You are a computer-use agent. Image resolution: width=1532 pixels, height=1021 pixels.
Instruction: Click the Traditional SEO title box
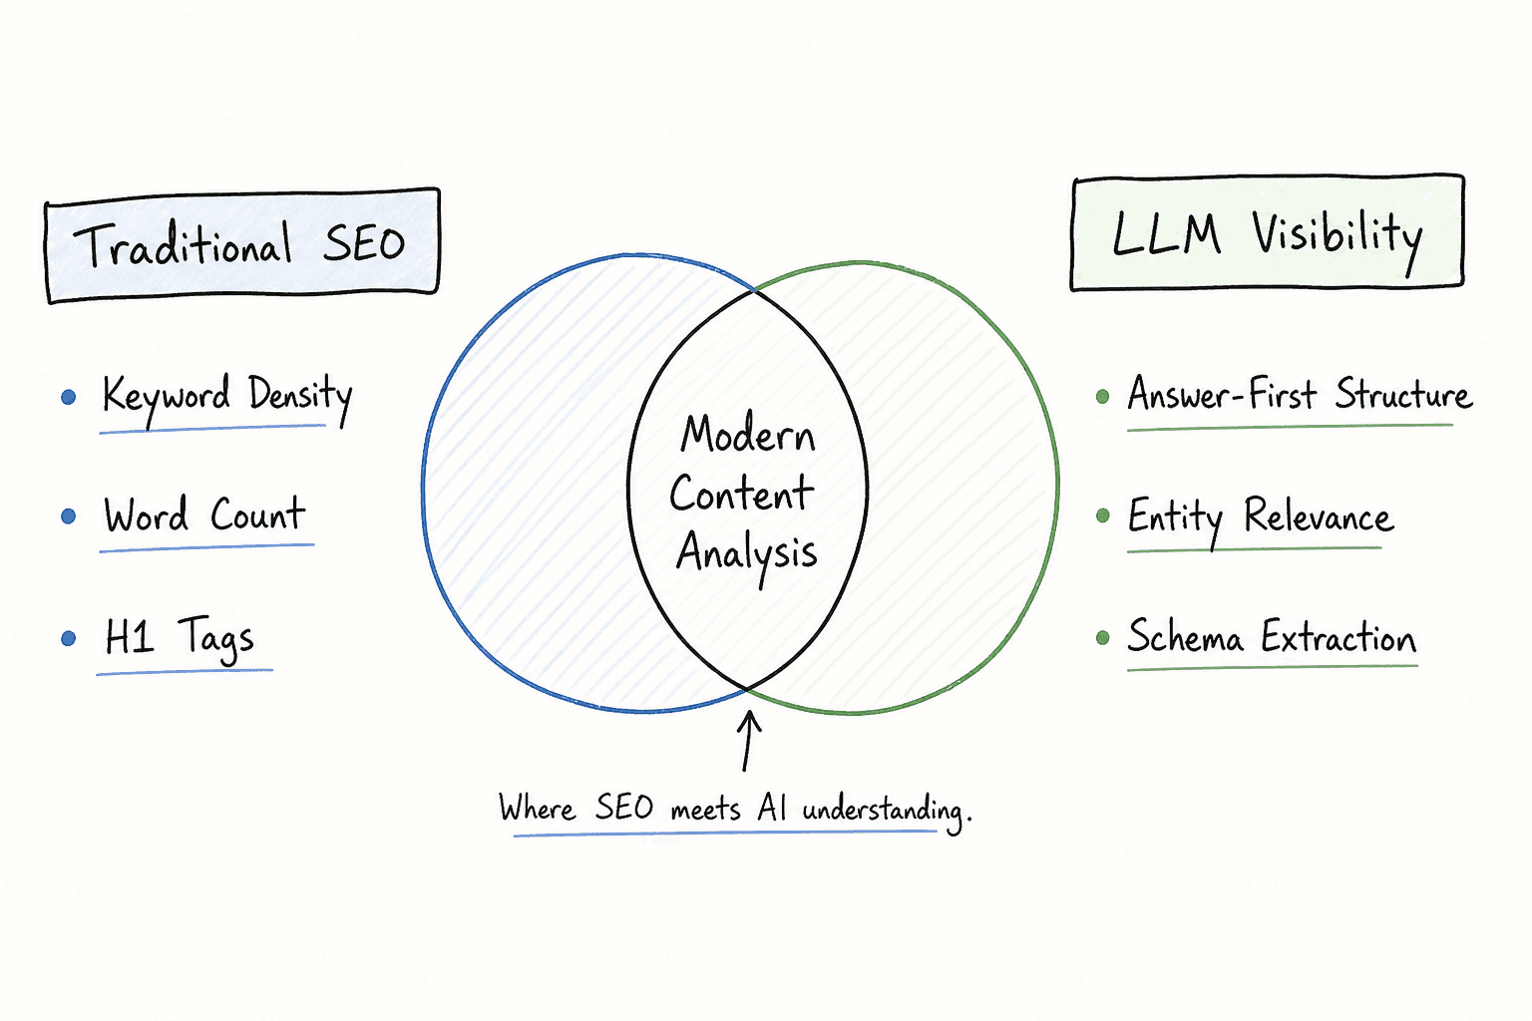tap(242, 245)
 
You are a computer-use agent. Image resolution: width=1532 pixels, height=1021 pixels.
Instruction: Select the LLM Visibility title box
tap(1268, 232)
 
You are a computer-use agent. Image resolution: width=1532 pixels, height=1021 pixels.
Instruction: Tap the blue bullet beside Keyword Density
tap(69, 397)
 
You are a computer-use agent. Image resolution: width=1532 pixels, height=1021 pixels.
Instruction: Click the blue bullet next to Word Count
tap(69, 516)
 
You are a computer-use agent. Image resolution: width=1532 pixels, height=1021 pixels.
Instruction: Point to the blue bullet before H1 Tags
tap(69, 639)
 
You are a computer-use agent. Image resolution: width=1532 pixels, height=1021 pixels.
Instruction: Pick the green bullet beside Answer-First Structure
tap(1102, 397)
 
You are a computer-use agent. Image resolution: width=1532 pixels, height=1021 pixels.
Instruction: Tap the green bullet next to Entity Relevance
tap(1102, 515)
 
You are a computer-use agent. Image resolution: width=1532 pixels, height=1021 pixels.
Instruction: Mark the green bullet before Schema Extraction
tap(1102, 638)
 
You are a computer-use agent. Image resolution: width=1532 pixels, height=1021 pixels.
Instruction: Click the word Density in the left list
tap(300, 398)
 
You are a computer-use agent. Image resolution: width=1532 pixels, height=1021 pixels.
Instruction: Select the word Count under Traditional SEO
tap(258, 513)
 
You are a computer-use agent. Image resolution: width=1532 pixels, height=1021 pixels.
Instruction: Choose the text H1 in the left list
tap(129, 636)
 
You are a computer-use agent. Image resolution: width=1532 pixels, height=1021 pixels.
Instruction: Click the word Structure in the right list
tap(1403, 394)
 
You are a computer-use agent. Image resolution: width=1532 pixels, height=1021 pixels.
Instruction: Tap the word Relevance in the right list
tap(1319, 515)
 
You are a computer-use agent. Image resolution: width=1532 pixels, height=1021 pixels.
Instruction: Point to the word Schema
tap(1185, 637)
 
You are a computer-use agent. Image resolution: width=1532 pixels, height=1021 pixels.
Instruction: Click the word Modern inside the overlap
tap(748, 434)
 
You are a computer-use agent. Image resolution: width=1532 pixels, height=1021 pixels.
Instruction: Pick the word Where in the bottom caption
tap(537, 808)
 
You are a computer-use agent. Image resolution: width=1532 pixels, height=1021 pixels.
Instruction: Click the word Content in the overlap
tap(742, 494)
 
